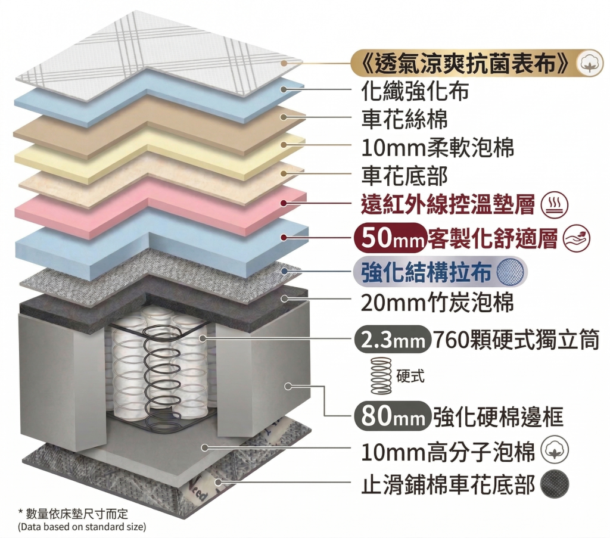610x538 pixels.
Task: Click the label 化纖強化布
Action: [x=415, y=91]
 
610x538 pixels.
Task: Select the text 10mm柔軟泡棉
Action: [x=437, y=148]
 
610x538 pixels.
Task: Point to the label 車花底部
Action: [x=404, y=176]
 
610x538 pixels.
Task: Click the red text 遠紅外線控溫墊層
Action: [x=447, y=205]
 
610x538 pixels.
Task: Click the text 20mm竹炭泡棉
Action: [x=437, y=303]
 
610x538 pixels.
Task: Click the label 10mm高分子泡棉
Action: [x=448, y=452]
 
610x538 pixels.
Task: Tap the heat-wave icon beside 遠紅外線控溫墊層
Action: [x=554, y=206]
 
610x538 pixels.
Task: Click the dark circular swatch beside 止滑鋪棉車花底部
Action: [x=555, y=484]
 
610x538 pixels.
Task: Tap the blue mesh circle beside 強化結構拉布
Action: [x=512, y=272]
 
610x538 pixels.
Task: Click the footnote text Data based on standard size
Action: [x=82, y=527]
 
